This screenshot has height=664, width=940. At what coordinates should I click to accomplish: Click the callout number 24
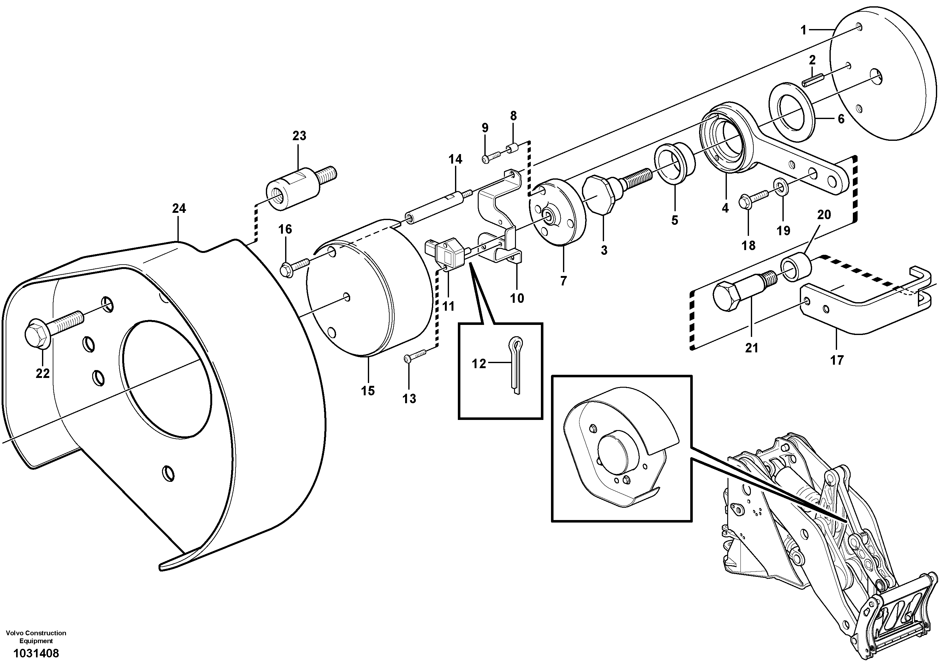point(179,209)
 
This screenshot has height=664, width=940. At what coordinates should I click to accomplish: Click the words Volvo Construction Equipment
point(36,637)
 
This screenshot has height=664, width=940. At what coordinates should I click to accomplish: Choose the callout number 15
point(368,391)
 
